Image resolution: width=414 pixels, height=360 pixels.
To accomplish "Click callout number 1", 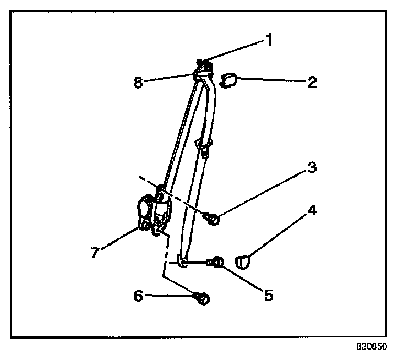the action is [270, 40].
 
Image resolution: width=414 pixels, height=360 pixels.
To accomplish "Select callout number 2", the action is [313, 83].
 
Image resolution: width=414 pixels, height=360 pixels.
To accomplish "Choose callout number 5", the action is [268, 295].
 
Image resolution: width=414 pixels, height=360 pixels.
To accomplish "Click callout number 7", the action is [95, 253].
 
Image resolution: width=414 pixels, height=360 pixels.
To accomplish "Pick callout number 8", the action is [138, 83].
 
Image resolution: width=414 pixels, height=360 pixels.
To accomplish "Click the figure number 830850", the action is [372, 347].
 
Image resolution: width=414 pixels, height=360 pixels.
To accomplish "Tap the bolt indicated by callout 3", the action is [213, 220].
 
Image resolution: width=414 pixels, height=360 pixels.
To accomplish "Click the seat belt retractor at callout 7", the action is [149, 212].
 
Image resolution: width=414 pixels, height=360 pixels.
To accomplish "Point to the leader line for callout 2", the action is [270, 81].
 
